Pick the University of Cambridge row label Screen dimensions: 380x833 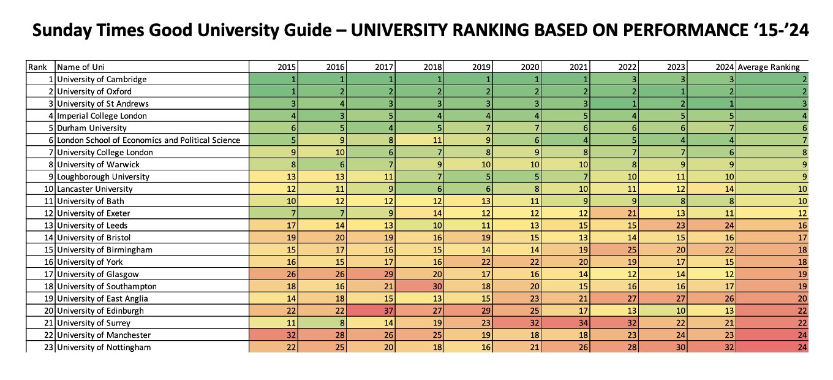click(x=102, y=79)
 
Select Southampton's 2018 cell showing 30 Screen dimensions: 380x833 click(x=420, y=286)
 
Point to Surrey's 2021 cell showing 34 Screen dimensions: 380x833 click(x=567, y=323)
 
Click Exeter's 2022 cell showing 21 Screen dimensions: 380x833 click(x=616, y=213)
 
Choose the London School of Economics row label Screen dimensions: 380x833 click(x=148, y=140)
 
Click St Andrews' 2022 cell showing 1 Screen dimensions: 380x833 click(x=616, y=104)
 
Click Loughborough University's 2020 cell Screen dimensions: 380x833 click(x=518, y=177)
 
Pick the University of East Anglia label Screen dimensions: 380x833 click(x=102, y=298)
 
